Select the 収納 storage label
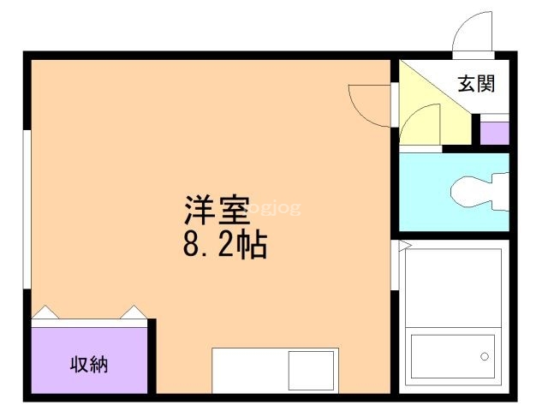click(x=88, y=363)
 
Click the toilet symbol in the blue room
click(x=479, y=191)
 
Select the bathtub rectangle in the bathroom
click(x=453, y=359)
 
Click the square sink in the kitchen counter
click(x=312, y=370)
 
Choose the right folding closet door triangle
click(x=134, y=313)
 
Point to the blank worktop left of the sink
click(x=249, y=370)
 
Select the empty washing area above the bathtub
click(x=453, y=287)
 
